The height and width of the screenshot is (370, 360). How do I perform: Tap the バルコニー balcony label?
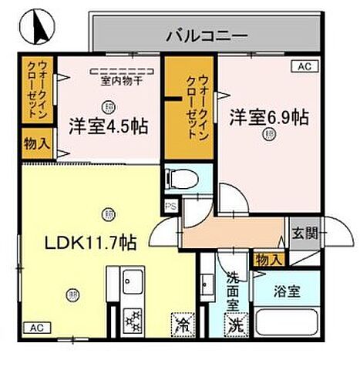pos(205,35)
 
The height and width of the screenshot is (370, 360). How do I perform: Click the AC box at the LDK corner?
pos(34,327)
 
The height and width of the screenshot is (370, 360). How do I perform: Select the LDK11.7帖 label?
pos(90,242)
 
